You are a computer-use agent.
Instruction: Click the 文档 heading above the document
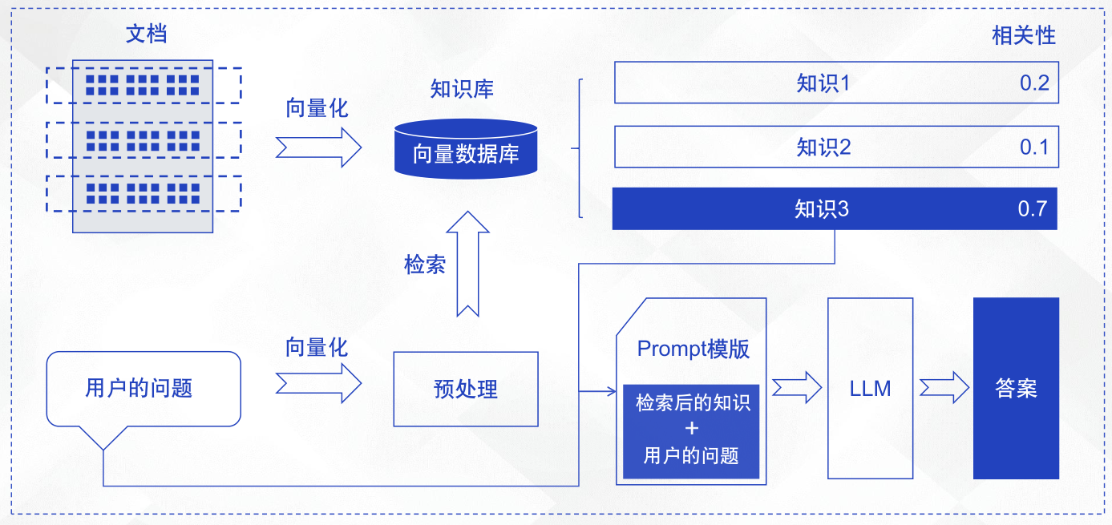(147, 34)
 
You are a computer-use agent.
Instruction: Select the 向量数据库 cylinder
(466, 149)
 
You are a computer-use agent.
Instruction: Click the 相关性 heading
(1024, 35)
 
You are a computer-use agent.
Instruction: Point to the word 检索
(425, 265)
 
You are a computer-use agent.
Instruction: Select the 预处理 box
(466, 390)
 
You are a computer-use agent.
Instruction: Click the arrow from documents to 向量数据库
(319, 147)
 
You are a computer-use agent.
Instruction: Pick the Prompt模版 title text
(693, 349)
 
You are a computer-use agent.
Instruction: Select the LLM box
(870, 389)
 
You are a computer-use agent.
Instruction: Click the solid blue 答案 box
(1016, 389)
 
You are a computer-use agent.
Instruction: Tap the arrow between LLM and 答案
(944, 388)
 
